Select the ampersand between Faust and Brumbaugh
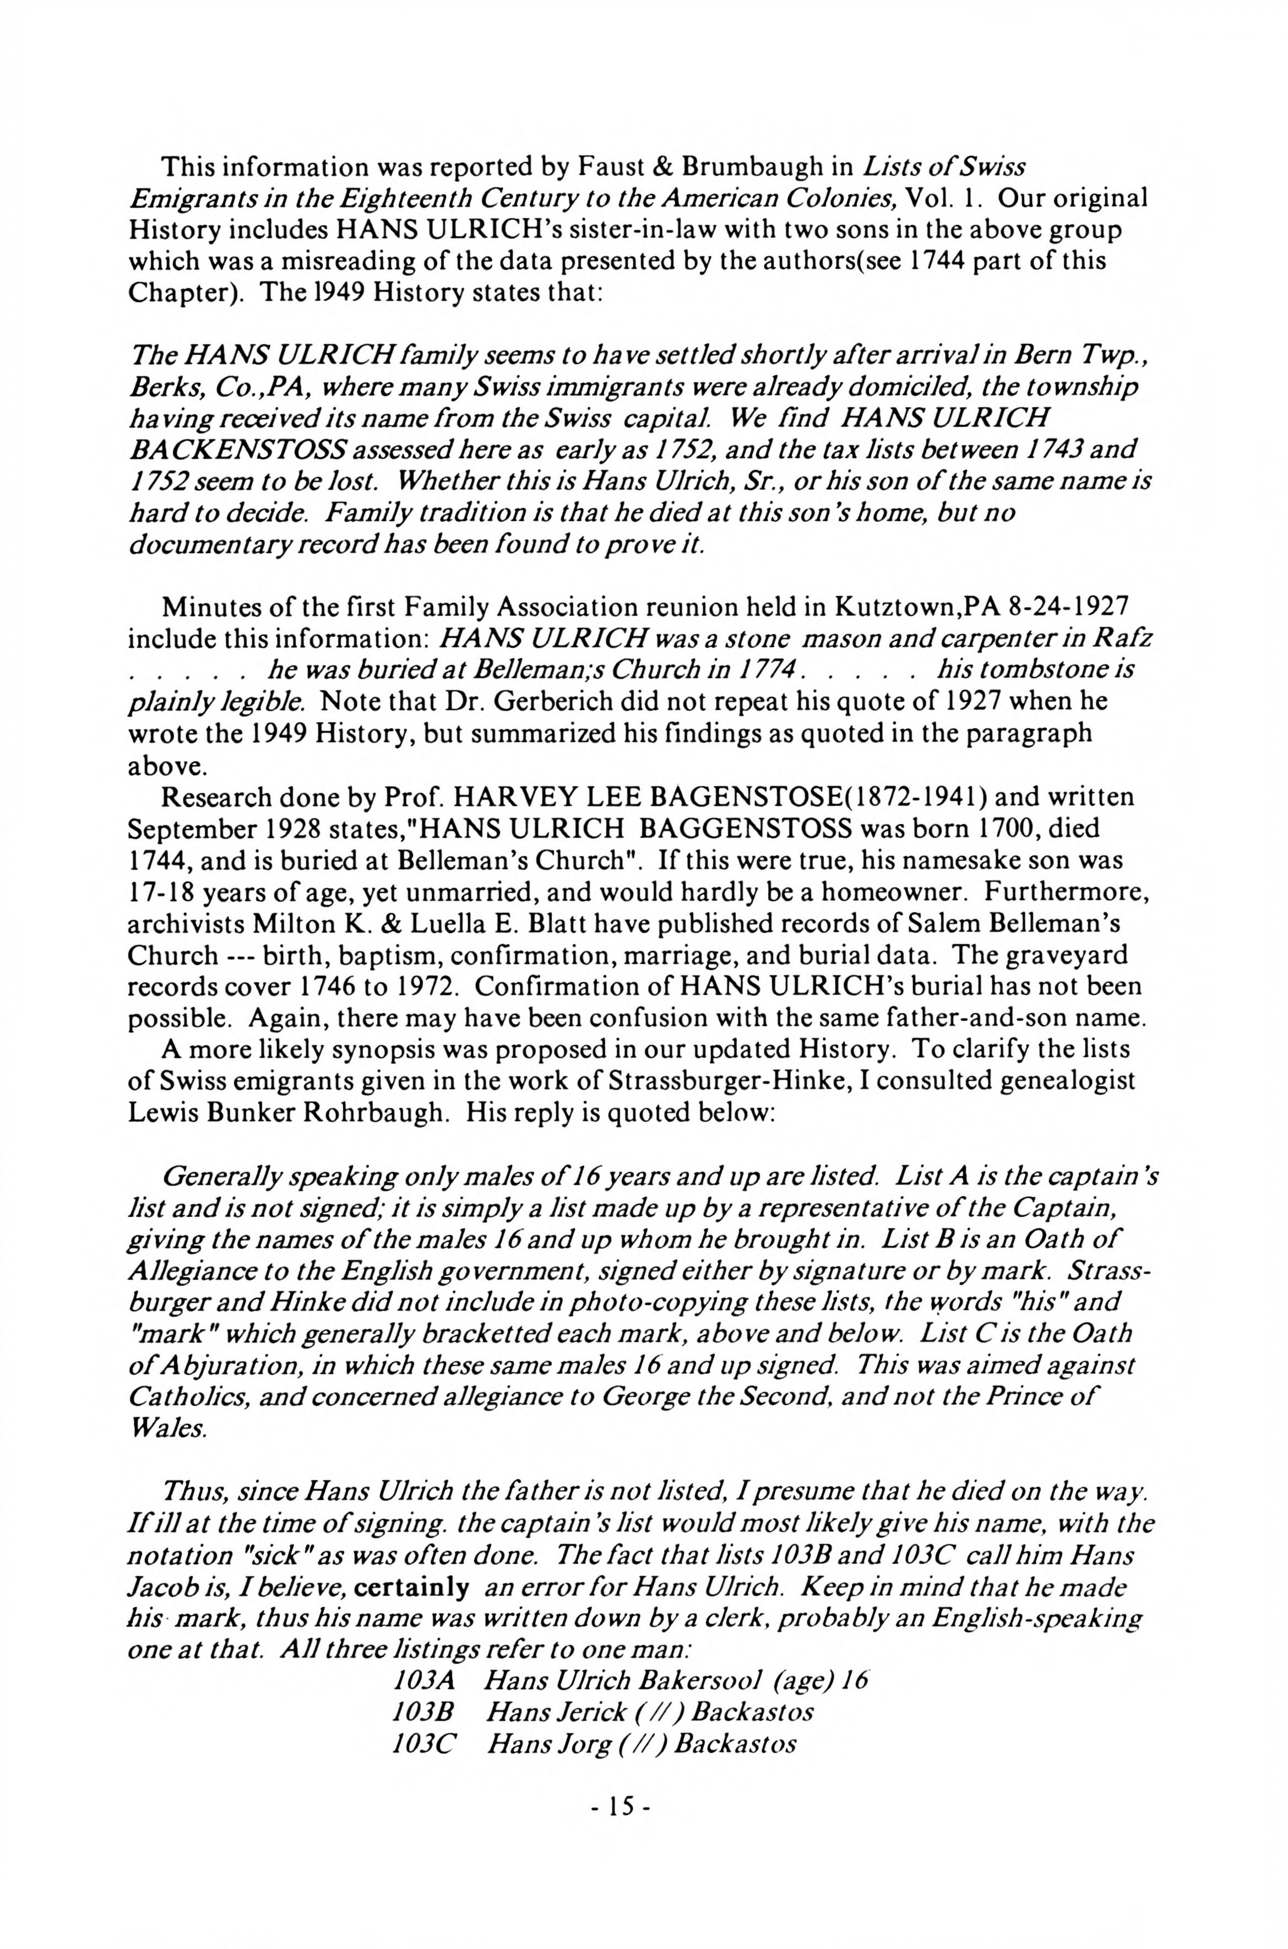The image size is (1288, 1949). (660, 167)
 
